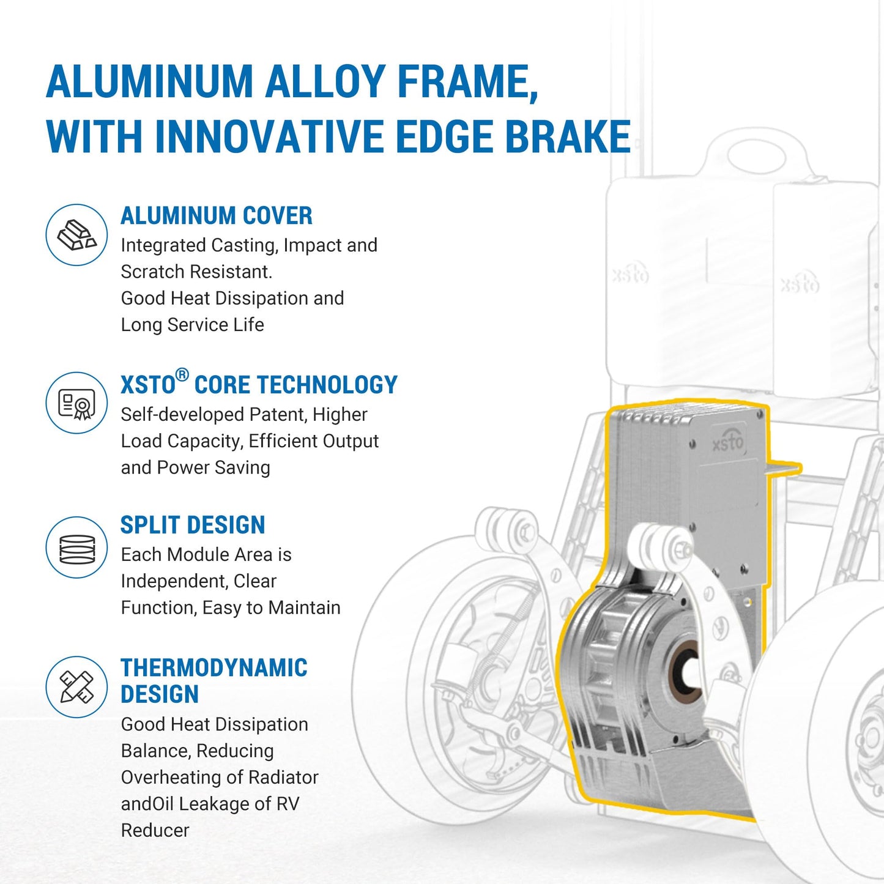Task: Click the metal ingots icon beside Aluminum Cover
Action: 76,235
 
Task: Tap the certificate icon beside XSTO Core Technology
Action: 76,403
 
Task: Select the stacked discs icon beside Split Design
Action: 76,548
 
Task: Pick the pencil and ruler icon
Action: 76,687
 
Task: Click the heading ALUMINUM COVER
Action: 217,215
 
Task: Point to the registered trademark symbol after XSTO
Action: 182,375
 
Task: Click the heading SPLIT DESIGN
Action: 193,525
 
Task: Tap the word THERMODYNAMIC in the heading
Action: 214,667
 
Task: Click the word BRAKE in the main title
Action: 568,136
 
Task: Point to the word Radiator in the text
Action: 283,778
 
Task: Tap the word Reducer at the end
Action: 155,830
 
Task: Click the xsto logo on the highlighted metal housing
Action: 727,443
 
